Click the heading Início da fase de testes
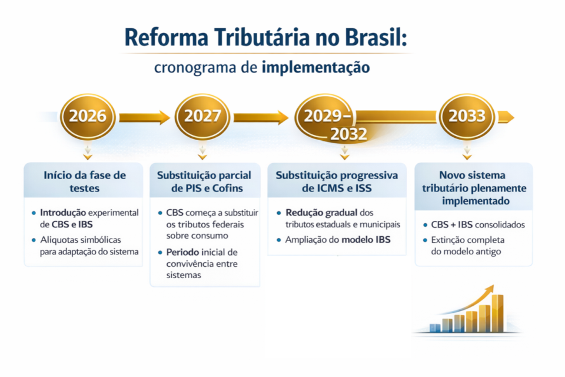pyautogui.click(x=85, y=181)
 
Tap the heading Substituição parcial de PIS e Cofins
pyautogui.click(x=204, y=181)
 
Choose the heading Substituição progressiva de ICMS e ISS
pyautogui.click(x=337, y=181)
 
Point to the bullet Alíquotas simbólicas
pyautogui.click(x=89, y=246)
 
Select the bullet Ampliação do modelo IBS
pyautogui.click(x=337, y=240)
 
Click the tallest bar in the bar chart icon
pyautogui.click(x=497, y=313)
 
